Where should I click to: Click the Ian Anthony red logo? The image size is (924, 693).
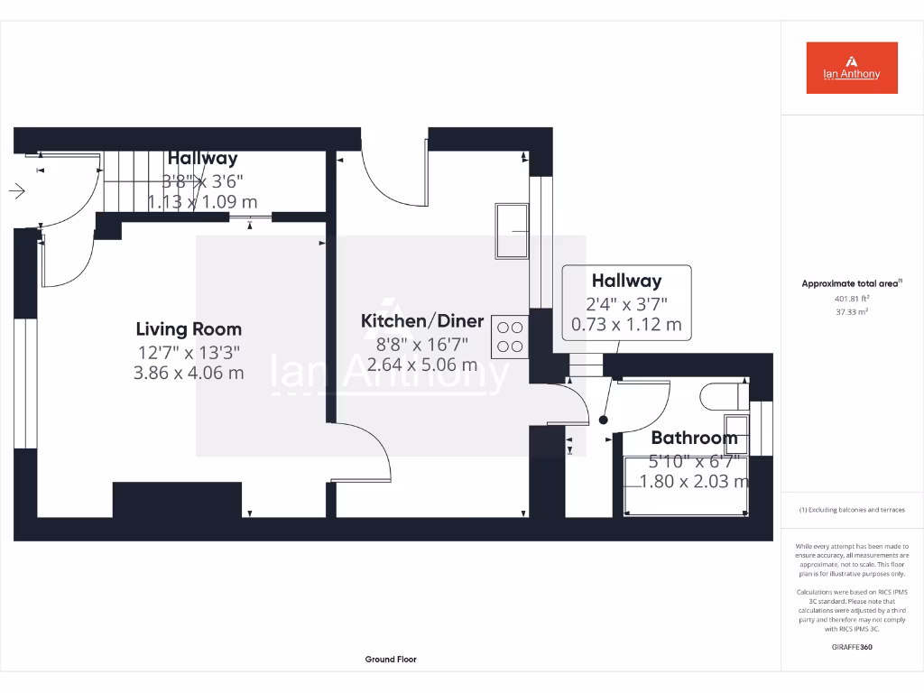tap(851, 68)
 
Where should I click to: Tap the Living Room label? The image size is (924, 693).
tap(189, 329)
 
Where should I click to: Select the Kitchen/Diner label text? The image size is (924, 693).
tap(422, 320)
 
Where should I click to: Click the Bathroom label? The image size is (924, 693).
tap(694, 439)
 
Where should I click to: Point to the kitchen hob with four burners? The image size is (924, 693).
tap(510, 337)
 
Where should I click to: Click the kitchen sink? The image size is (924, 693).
tap(512, 231)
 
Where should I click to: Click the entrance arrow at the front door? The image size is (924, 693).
tap(17, 190)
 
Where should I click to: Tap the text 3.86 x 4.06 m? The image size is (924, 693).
tap(189, 372)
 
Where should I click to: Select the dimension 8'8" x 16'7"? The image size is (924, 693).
tap(422, 344)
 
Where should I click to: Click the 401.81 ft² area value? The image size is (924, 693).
tap(851, 298)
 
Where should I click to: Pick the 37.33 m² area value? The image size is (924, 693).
tap(851, 311)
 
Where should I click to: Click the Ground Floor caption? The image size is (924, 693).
tap(391, 660)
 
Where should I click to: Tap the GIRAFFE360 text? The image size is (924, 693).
tap(851, 647)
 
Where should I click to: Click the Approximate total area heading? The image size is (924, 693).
tap(851, 283)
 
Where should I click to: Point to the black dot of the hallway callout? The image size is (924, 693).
tap(603, 420)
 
